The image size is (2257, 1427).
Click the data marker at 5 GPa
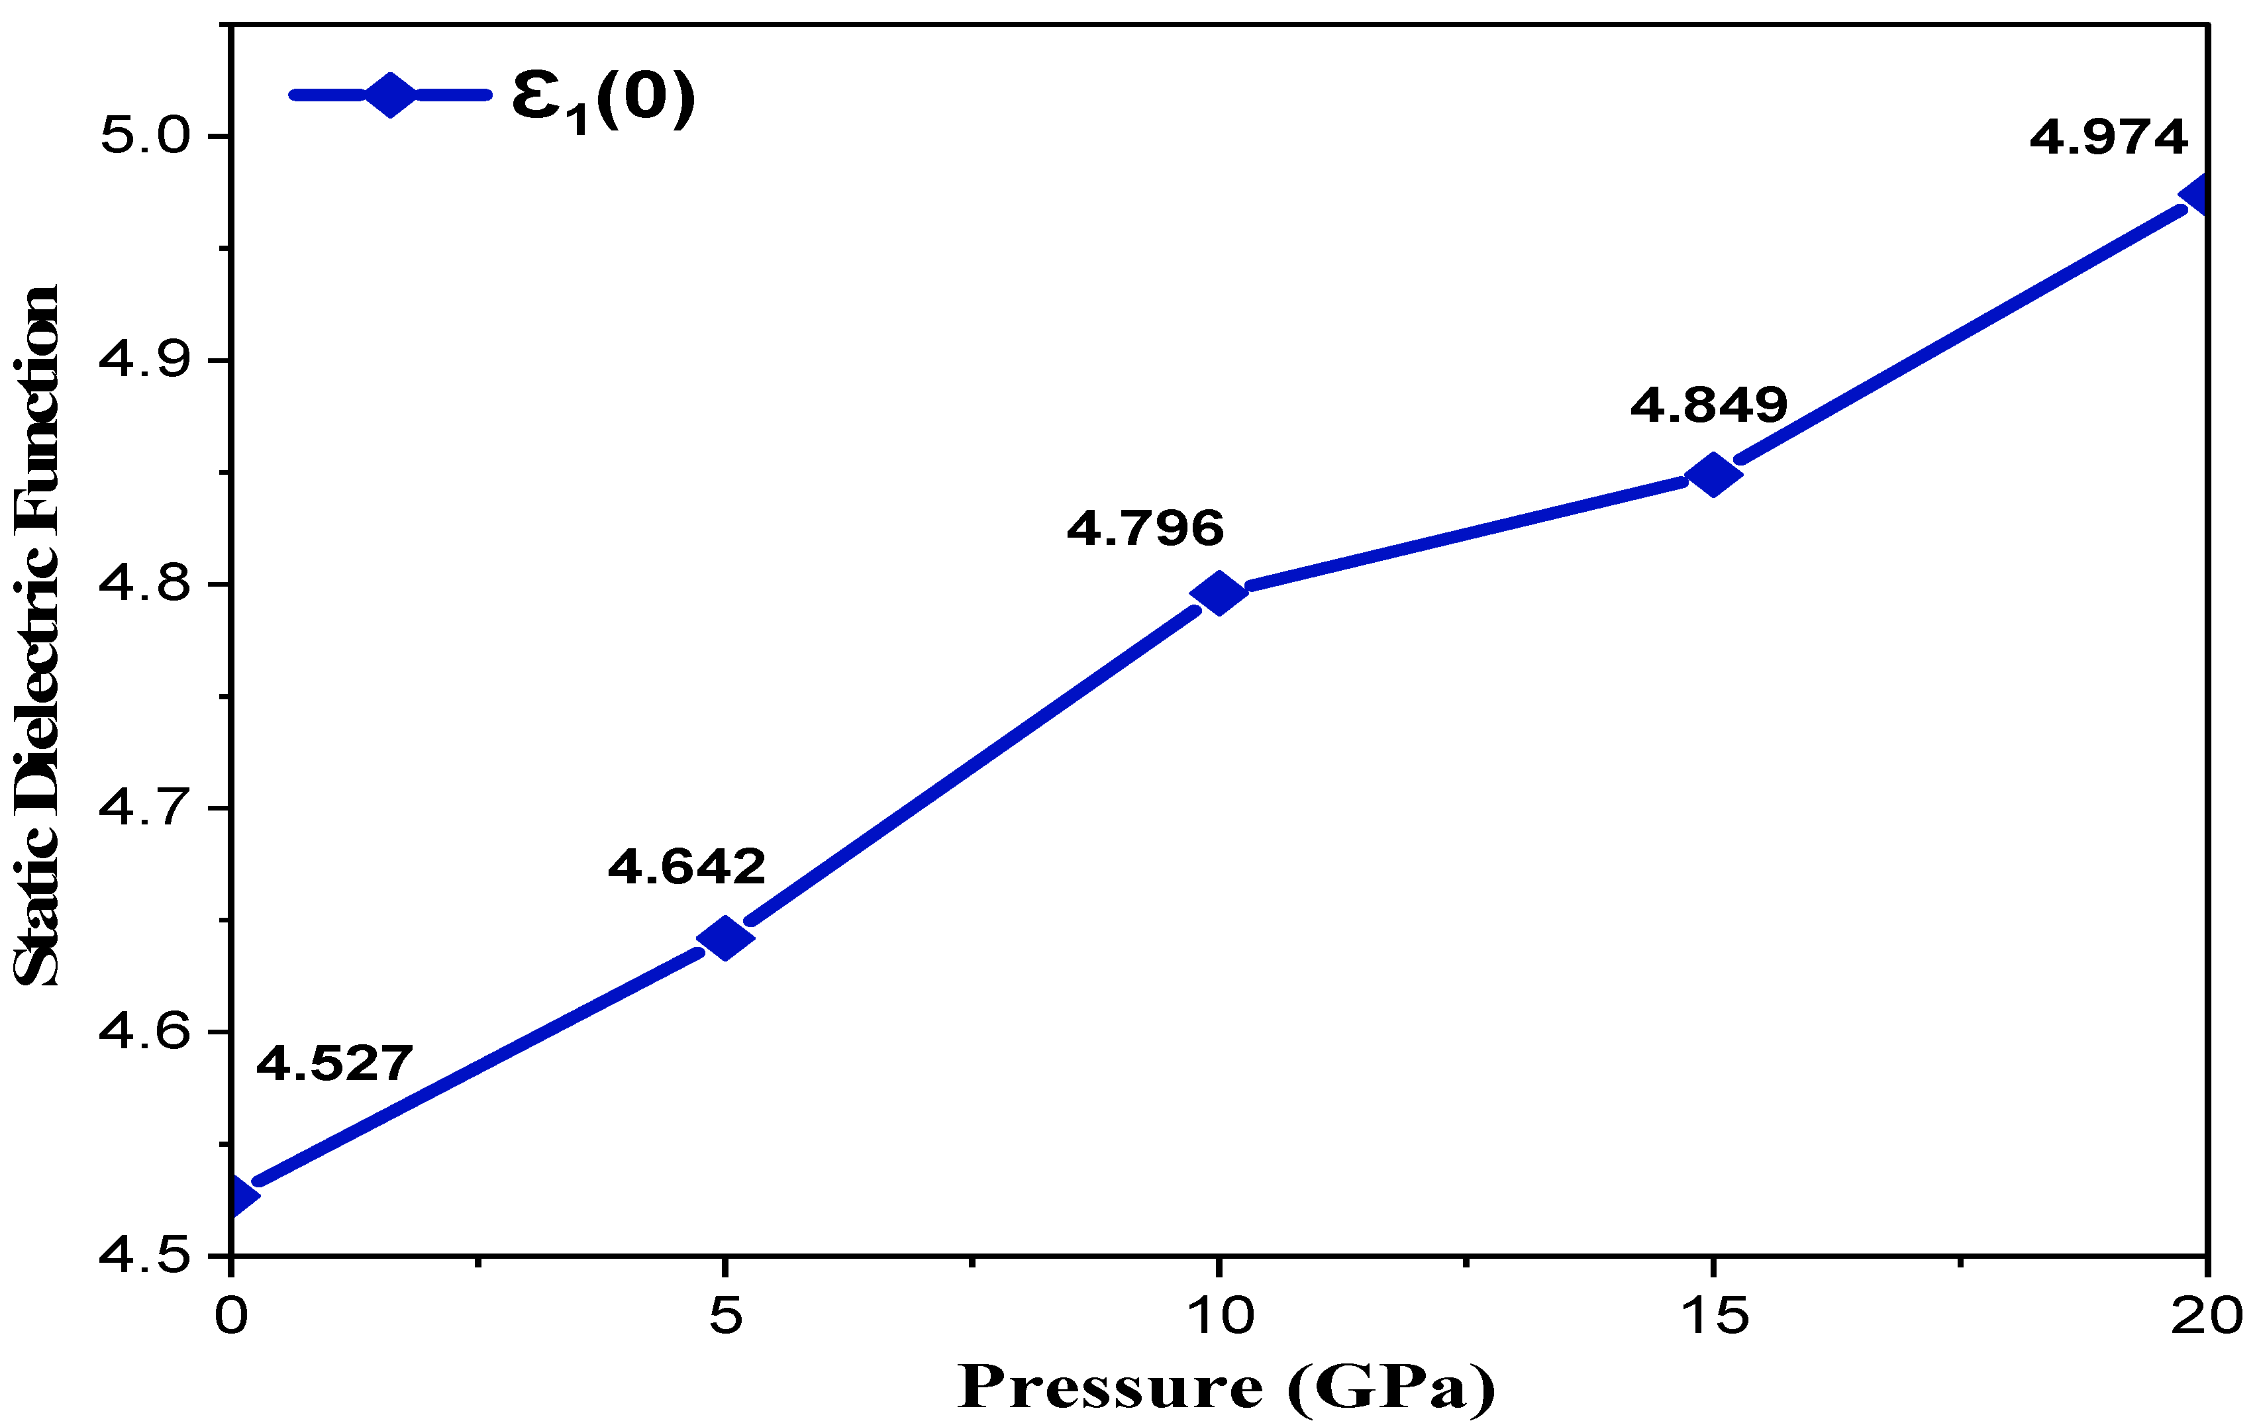click(725, 938)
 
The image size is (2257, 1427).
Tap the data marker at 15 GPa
click(1713, 474)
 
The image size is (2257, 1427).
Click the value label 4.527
click(334, 1063)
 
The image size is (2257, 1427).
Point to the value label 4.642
click(687, 867)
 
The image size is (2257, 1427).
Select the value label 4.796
click(1145, 528)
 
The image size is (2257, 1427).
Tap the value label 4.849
click(1709, 405)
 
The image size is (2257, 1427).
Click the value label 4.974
click(2108, 138)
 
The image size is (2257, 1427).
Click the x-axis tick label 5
click(725, 1316)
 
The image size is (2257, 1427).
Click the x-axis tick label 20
click(2207, 1316)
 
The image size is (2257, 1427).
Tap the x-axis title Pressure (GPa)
click(1226, 1388)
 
